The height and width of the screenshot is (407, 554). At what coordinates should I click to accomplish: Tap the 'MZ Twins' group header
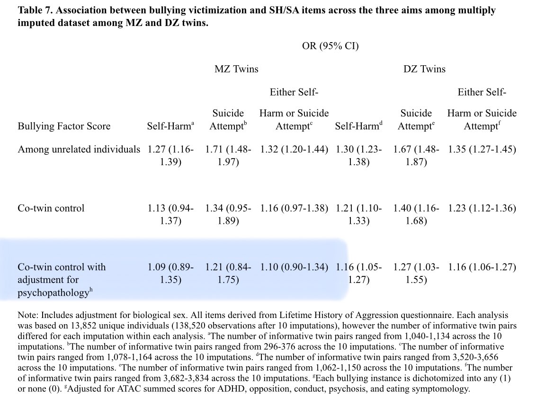point(236,69)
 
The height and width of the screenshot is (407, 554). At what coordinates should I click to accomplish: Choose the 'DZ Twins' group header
point(424,69)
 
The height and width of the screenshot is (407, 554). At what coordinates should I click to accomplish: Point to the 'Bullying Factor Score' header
point(64,126)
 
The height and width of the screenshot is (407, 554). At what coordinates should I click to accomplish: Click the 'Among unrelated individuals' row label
point(79,150)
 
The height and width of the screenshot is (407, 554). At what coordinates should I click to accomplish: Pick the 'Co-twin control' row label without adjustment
point(51,208)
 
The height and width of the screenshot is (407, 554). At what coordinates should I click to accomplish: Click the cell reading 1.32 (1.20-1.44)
point(294,150)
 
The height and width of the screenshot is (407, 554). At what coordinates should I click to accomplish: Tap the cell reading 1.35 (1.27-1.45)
point(482,150)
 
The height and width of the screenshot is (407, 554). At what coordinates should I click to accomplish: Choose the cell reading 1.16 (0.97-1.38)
point(294,208)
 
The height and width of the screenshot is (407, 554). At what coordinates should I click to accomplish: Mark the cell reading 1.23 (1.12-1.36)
point(482,208)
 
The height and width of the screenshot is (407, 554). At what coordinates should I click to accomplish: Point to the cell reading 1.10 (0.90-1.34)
point(294,267)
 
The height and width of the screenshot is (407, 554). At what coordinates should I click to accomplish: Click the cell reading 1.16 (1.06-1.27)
point(482,267)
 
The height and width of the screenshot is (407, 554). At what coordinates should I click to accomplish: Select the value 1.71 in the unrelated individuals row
point(214,150)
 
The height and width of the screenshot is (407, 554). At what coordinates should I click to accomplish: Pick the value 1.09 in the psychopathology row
point(157,267)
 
